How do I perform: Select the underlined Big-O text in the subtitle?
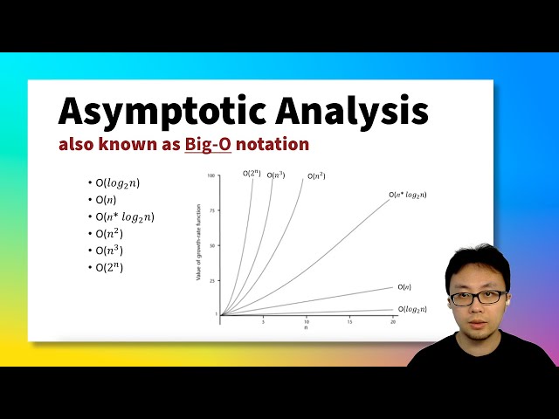[x=208, y=144]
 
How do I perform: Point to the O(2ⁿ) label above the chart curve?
[x=252, y=174]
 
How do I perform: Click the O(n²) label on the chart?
[x=316, y=176]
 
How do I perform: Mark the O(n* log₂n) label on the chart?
[x=407, y=195]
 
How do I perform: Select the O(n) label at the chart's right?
[x=404, y=286]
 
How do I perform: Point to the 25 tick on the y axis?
[x=212, y=280]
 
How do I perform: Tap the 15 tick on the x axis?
[x=349, y=321]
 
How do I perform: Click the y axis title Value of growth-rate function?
[x=199, y=244]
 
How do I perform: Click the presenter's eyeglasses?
[x=477, y=297]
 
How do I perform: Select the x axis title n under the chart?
[x=306, y=328]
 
